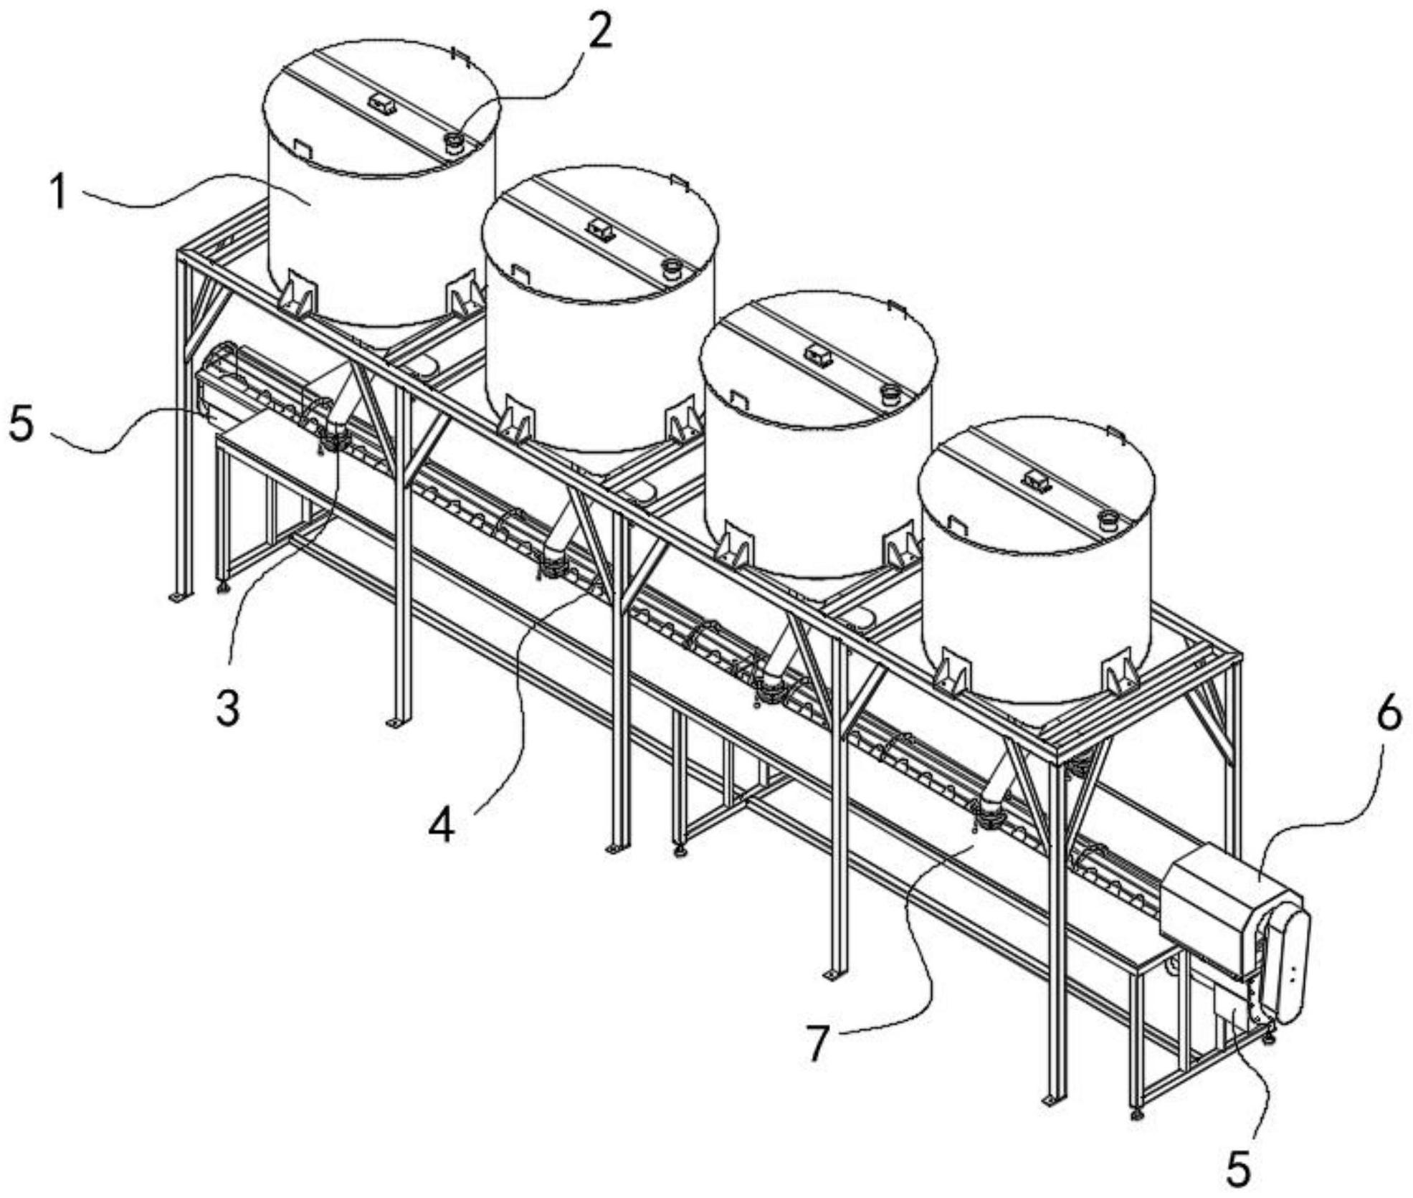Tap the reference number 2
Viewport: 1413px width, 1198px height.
click(x=600, y=32)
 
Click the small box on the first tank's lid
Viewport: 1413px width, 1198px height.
click(x=382, y=104)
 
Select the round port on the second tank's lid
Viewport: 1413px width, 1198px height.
click(x=672, y=269)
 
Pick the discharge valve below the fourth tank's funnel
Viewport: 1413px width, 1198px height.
click(x=989, y=813)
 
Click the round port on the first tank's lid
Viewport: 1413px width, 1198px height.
click(x=453, y=143)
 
